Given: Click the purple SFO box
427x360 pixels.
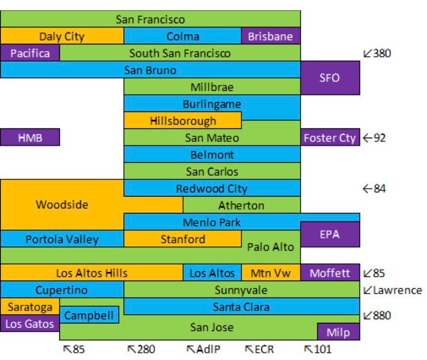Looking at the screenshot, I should [330, 78].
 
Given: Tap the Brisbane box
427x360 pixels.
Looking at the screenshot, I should [271, 36].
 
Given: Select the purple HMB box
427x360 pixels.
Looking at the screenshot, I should [30, 138].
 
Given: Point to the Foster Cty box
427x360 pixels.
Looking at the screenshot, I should [330, 138].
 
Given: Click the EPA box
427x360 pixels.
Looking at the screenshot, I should [330, 234].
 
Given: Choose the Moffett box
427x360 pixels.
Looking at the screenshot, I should [330, 273].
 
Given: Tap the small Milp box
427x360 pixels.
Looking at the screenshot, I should [338, 332].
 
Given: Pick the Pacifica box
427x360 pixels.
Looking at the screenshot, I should [30, 53].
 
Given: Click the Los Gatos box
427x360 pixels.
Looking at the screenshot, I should [30, 323].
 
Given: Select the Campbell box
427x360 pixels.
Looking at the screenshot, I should [89, 315].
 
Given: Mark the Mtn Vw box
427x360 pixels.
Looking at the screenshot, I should [271, 273].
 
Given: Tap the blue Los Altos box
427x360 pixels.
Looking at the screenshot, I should [212, 273].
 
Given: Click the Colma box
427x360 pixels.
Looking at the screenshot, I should [183, 36].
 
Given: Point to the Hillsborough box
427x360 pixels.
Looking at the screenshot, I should [183, 121].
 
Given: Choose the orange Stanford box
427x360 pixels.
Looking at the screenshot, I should [183, 239].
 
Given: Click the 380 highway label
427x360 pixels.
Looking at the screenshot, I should [377, 53].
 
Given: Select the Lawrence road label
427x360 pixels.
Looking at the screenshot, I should [392, 290].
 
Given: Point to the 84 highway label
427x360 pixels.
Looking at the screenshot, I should [375, 189].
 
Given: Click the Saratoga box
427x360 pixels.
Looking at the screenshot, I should [30, 307].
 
